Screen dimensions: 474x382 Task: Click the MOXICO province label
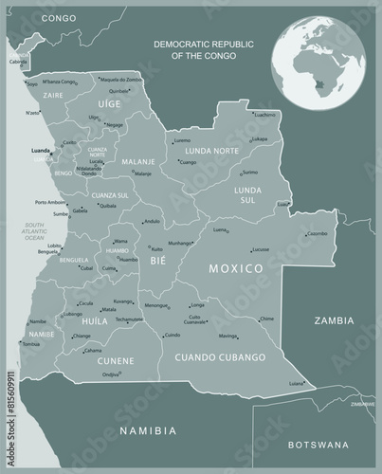coord(235,269)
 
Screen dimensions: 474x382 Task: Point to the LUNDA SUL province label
coord(248,195)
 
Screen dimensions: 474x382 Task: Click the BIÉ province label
coord(158,257)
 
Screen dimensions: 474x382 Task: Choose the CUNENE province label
coord(115,360)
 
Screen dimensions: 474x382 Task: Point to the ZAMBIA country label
coord(335,321)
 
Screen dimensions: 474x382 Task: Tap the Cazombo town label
coord(317,233)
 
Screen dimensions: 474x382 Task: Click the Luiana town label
coord(297,383)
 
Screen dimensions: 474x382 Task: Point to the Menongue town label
coord(156,305)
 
